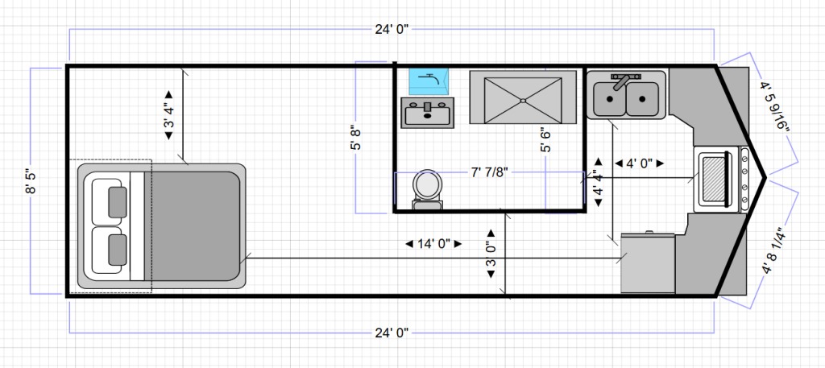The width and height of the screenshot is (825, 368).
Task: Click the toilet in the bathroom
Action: (x=427, y=189)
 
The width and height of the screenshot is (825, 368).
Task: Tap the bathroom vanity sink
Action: (x=427, y=113)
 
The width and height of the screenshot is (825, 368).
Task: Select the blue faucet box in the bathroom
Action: (x=429, y=81)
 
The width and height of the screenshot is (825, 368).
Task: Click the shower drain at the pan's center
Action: (x=523, y=100)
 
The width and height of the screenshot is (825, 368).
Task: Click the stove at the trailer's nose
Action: (x=721, y=180)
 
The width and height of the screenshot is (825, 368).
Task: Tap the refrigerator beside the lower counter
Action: (x=649, y=263)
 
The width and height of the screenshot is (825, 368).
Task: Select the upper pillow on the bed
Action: (x=118, y=202)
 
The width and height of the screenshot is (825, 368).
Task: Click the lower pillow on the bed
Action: (x=118, y=250)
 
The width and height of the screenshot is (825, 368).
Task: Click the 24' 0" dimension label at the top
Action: (x=392, y=30)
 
